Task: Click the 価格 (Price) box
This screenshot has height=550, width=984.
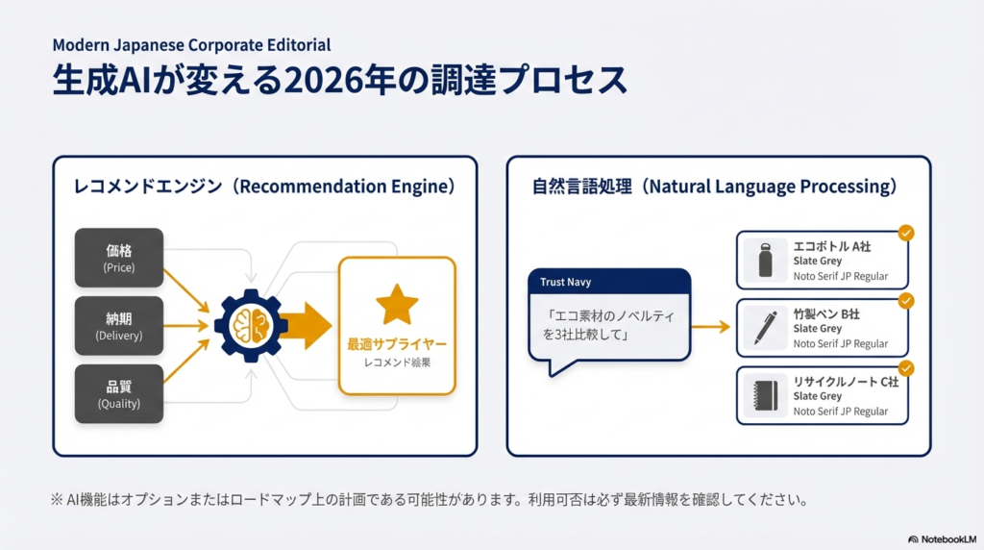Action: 119,258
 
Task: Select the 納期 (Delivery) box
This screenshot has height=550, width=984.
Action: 119,326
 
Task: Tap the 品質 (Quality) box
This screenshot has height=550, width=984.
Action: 119,394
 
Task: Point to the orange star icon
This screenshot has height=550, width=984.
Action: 397,304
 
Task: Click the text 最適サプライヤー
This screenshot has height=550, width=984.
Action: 397,343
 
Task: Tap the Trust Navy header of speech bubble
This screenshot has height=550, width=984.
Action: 608,282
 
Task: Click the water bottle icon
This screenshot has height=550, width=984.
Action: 766,260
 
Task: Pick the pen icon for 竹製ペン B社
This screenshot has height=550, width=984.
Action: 766,328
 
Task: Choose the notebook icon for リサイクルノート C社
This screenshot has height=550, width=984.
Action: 766,396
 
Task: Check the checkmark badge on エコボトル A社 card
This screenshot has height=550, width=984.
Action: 905,233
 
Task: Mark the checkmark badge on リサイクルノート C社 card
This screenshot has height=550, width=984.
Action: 905,368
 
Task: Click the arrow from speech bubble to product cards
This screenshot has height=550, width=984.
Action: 711,327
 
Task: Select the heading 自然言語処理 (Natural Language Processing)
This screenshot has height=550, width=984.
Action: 715,187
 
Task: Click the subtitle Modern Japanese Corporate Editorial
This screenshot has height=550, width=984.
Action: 191,45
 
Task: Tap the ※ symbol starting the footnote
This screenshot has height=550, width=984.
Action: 58,500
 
